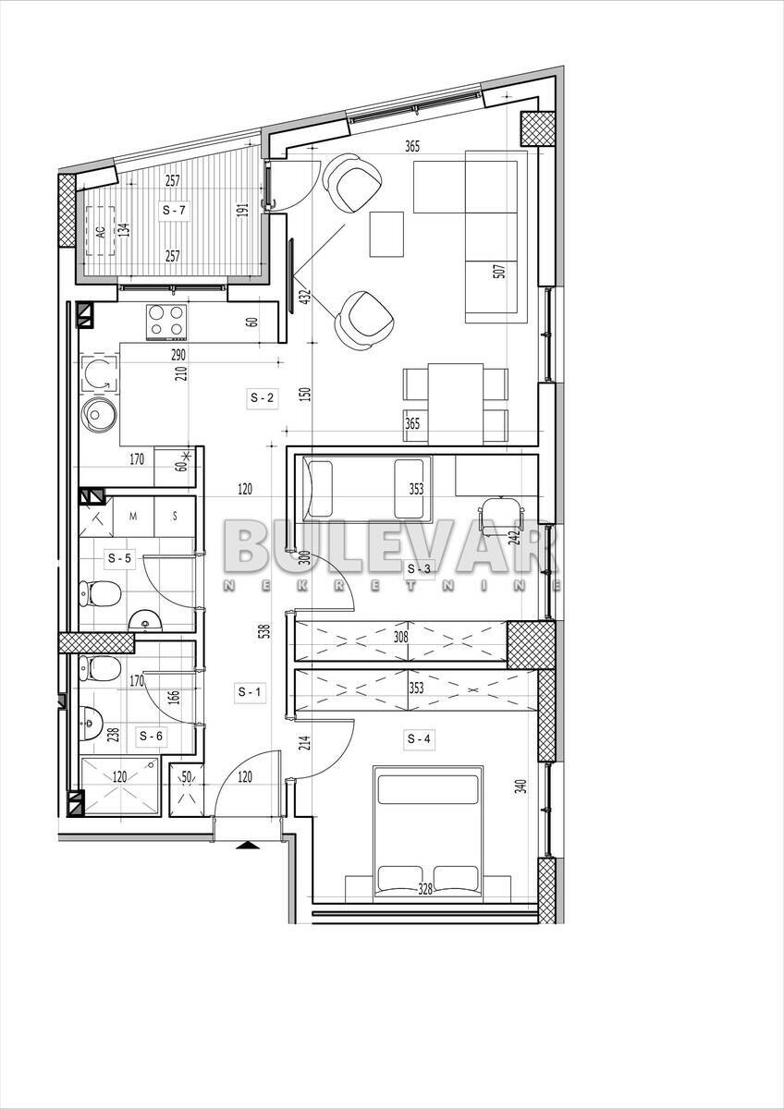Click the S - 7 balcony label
pos(174,211)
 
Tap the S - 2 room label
pos(262,397)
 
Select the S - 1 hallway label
pos(250,691)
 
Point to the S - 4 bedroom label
pos(419,739)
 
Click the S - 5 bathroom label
pos(119,558)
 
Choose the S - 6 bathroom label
pos(151,737)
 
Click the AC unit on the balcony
pos(101,231)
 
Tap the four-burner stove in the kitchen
pos(166,322)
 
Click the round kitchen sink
pos(99,414)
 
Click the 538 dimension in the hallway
pos(266,630)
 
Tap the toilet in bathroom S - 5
pos(100,591)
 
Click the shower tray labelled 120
pos(119,786)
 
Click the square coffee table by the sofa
pos(386,234)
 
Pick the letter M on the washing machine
pos(133,517)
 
